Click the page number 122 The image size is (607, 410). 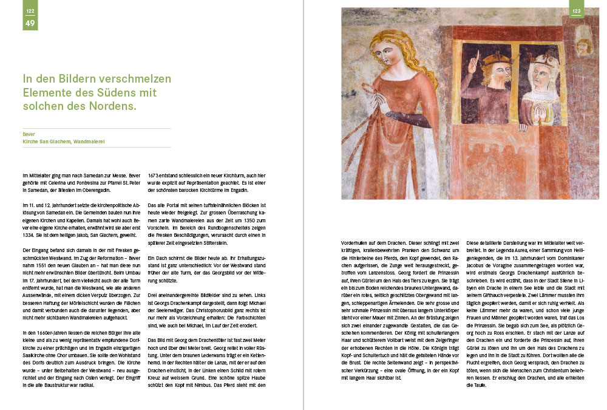29,12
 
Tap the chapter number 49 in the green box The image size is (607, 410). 29,23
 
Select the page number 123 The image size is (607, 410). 577,12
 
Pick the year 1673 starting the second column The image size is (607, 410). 155,175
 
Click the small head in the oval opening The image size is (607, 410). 584,46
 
